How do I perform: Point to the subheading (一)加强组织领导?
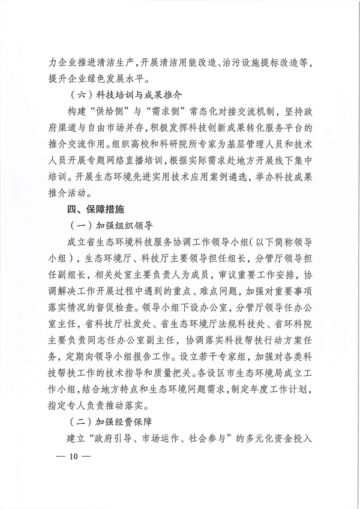112,226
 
